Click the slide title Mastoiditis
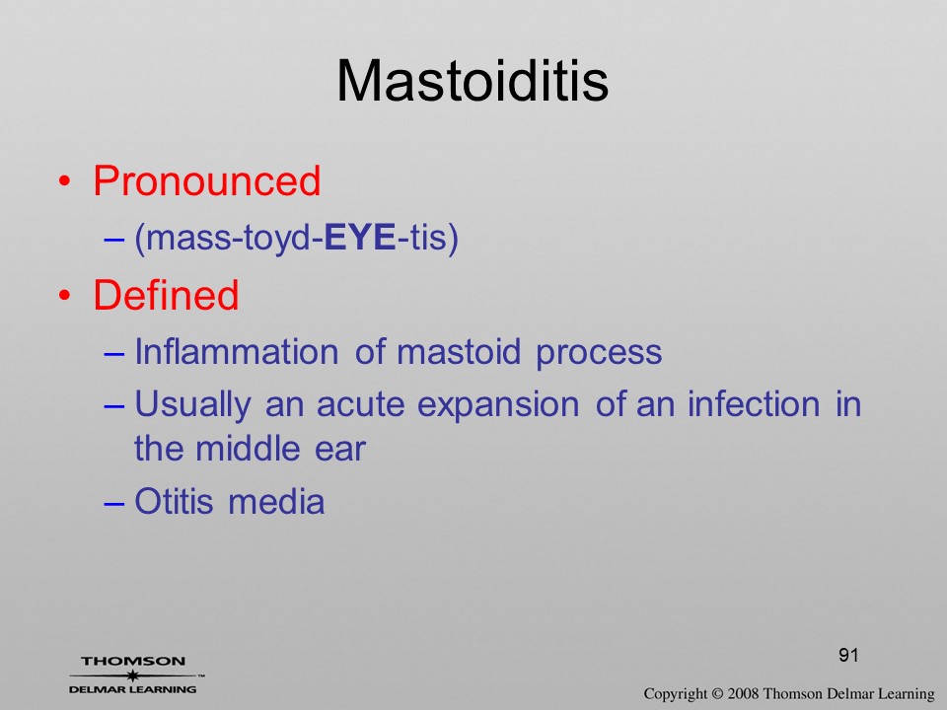[x=473, y=81]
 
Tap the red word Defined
[x=166, y=295]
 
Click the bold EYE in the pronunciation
[x=360, y=237]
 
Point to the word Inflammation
[x=236, y=351]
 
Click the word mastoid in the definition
[x=459, y=351]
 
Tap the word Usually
[x=192, y=405]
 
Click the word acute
[x=361, y=404]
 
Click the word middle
[x=248, y=448]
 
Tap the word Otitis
[x=174, y=501]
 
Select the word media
[x=276, y=501]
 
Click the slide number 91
[x=848, y=655]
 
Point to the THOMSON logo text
[x=133, y=661]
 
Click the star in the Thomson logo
[x=133, y=675]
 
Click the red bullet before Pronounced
[x=65, y=181]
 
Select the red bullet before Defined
[x=65, y=296]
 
